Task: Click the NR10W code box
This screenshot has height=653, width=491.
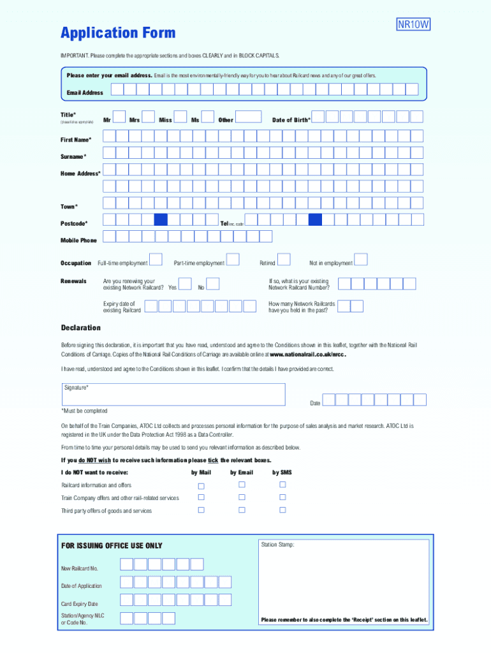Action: [414, 25]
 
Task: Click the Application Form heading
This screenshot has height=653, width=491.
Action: [118, 33]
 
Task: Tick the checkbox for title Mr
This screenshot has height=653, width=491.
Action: [121, 117]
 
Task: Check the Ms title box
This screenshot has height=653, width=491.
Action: [209, 117]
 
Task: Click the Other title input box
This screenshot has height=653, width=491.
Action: [249, 117]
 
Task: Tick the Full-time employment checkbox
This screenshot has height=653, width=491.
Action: [156, 261]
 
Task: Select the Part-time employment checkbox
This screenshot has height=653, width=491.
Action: [233, 260]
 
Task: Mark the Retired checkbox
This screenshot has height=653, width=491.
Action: [284, 260]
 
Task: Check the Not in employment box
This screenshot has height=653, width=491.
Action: [361, 260]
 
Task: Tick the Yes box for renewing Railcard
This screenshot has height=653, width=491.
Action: [185, 284]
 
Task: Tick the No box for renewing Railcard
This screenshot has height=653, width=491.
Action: [214, 284]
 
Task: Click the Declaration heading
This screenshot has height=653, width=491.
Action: [81, 328]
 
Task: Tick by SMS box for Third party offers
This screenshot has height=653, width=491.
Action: [282, 510]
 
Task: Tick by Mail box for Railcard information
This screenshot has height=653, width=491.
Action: [201, 485]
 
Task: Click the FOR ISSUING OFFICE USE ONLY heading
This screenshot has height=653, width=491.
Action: [112, 546]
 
